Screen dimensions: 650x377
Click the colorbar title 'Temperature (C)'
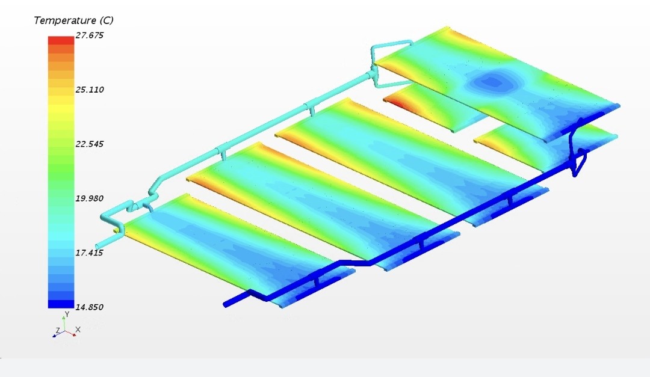pyautogui.click(x=73, y=20)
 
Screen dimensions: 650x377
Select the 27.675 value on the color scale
pyautogui.click(x=90, y=35)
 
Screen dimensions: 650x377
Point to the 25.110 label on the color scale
pyautogui.click(x=90, y=90)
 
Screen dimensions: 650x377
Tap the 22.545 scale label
pyautogui.click(x=90, y=144)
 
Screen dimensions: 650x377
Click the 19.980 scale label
pyautogui.click(x=90, y=198)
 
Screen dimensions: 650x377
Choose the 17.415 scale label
pyautogui.click(x=90, y=253)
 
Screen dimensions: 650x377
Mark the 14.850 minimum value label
pyautogui.click(x=90, y=307)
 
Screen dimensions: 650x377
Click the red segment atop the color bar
pyautogui.click(x=61, y=40)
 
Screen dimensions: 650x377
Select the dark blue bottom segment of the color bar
pyautogui.click(x=61, y=304)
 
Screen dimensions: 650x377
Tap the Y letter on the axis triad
pyautogui.click(x=67, y=314)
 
